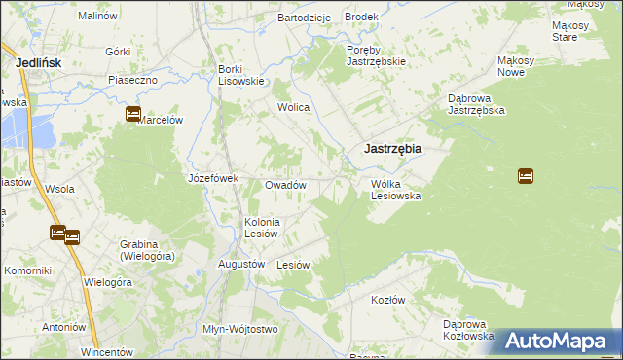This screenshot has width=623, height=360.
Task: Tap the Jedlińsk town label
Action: click(40, 62)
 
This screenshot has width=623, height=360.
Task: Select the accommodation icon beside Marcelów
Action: click(133, 115)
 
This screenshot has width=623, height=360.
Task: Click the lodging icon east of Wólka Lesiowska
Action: click(526, 176)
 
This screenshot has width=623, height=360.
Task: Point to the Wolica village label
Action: click(293, 107)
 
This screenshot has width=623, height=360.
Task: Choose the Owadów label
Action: click(286, 185)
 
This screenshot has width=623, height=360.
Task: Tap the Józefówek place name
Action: click(213, 178)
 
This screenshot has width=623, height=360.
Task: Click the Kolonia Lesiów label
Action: click(262, 228)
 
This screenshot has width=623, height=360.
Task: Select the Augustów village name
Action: click(242, 264)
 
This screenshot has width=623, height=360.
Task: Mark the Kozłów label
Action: click(387, 300)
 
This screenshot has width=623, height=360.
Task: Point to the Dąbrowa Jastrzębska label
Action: click(475, 105)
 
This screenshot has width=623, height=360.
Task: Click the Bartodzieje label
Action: click(305, 18)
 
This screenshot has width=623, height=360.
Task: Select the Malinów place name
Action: click(97, 17)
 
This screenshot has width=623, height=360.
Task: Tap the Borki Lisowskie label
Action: click(241, 75)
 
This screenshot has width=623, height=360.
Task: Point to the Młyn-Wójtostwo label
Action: click(239, 329)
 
